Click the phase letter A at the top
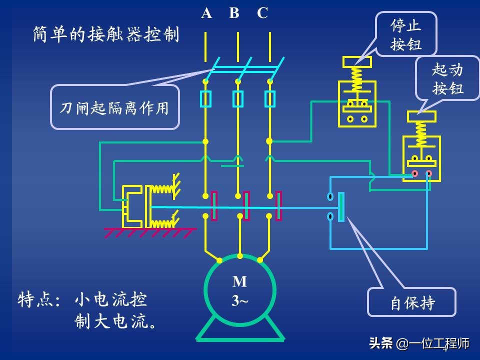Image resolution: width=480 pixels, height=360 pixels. point(206,13)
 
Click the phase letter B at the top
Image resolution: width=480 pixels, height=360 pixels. point(234,13)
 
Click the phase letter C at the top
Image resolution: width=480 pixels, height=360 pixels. point(262,13)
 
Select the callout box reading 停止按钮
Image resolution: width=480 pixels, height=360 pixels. point(406,34)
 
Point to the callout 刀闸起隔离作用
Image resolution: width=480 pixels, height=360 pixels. point(114,107)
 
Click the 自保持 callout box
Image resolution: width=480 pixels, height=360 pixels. point(412,302)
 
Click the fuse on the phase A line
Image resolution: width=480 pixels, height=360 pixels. point(205,99)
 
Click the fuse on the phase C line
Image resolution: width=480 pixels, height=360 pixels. point(270,99)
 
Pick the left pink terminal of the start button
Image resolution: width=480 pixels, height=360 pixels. point(414,173)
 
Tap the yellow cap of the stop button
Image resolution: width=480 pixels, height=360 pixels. point(357,62)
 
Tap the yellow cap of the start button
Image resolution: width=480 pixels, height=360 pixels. point(421,116)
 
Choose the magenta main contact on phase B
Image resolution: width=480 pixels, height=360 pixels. point(246,206)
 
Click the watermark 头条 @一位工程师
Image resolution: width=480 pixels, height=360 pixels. point(419,344)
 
